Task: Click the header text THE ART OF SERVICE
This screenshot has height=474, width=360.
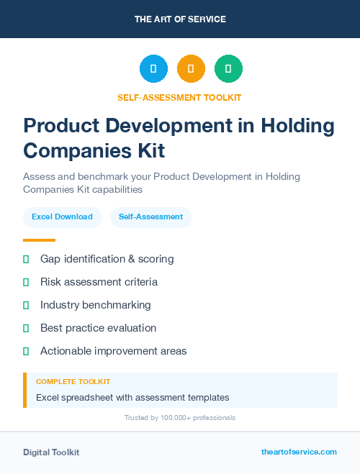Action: point(180,19)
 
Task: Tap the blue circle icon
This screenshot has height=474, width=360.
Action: point(153,69)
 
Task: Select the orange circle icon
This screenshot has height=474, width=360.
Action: point(191,69)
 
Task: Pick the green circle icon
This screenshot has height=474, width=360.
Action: point(228,69)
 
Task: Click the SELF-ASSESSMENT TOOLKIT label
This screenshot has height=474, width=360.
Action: point(179,98)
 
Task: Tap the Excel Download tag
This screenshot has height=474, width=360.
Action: point(62,217)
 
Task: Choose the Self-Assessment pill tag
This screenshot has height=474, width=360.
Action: point(150,217)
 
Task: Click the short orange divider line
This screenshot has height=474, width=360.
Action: point(39,240)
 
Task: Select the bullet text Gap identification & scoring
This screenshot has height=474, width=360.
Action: point(107,259)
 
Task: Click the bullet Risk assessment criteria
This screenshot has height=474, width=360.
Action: point(99,282)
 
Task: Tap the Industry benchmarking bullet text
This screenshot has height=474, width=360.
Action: point(95,305)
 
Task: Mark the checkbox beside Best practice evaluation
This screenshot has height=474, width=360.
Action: point(26,328)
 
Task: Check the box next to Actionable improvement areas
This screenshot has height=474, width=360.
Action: point(26,351)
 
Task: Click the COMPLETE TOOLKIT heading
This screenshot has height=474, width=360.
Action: point(73,381)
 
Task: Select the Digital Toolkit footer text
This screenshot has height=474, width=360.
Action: point(51,452)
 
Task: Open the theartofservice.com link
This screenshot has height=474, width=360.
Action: point(299,452)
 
